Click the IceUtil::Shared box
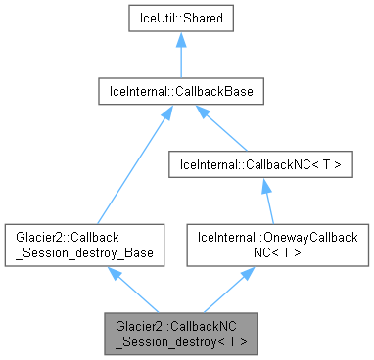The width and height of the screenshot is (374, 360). [179, 19]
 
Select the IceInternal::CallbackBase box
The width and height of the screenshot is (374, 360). [179, 93]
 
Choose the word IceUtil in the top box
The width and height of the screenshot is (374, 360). [159, 19]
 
